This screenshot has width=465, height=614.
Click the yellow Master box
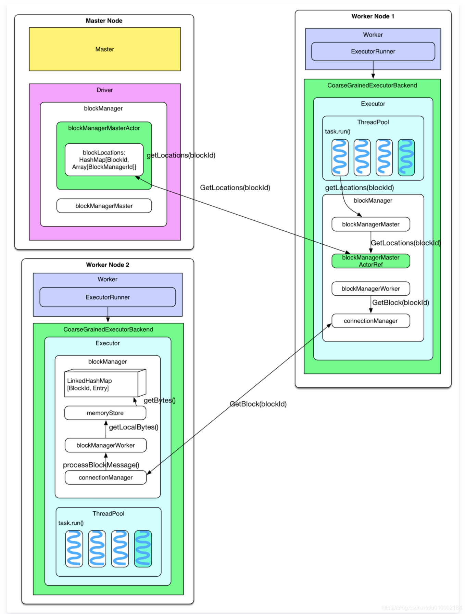click(x=105, y=49)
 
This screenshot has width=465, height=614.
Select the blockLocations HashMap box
click(x=104, y=160)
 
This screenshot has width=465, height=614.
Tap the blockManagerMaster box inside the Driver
click(x=104, y=206)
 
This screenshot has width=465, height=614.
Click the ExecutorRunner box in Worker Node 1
click(x=373, y=52)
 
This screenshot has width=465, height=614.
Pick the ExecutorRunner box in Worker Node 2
click(x=108, y=297)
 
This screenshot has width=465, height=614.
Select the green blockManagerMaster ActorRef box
click(x=370, y=261)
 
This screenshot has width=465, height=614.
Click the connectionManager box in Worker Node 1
click(x=370, y=321)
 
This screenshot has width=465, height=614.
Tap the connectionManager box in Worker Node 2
click(x=105, y=478)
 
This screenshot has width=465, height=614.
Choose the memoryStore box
click(x=105, y=413)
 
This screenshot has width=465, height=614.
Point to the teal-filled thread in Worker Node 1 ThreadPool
click(x=406, y=157)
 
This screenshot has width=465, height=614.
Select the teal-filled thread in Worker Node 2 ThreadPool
click(x=143, y=549)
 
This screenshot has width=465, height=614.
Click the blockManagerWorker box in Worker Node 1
click(x=370, y=289)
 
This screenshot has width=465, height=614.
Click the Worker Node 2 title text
click(x=108, y=265)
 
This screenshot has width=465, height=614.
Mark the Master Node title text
click(x=104, y=21)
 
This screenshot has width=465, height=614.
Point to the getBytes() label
click(x=159, y=400)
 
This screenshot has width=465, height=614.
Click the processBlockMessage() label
click(x=101, y=465)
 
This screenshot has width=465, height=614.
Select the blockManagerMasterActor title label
click(x=104, y=128)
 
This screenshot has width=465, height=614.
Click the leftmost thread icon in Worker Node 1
click(x=340, y=157)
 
